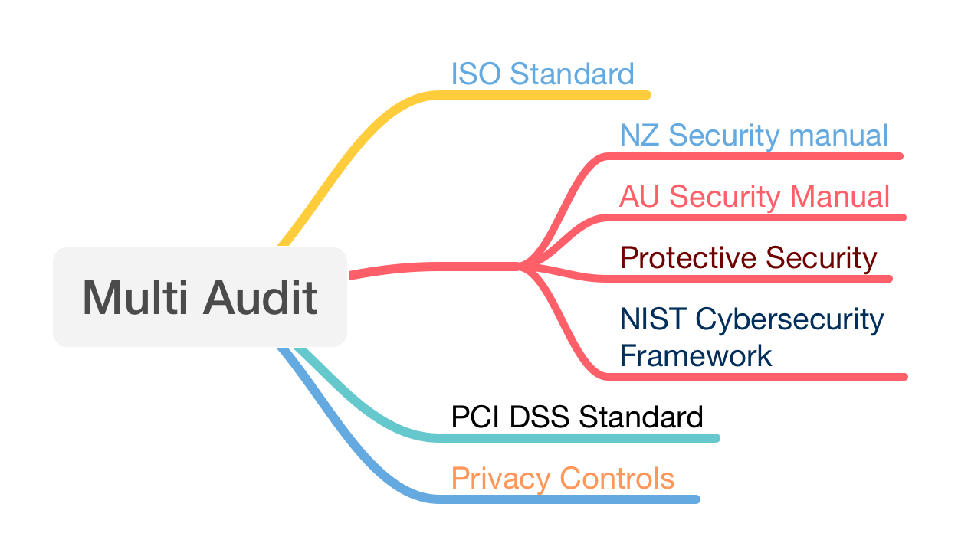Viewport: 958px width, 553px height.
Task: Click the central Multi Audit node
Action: (200, 297)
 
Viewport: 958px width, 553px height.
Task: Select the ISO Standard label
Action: (543, 74)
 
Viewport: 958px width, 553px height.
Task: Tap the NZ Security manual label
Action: (753, 136)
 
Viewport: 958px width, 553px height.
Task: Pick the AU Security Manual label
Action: (754, 197)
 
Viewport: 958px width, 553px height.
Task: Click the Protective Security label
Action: (749, 258)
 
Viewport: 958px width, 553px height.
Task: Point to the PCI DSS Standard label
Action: (577, 416)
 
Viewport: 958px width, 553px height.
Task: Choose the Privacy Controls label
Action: (563, 478)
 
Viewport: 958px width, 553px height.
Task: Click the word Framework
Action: (696, 355)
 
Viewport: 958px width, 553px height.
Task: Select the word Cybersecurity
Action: (789, 319)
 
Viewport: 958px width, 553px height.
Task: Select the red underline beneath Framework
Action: (757, 377)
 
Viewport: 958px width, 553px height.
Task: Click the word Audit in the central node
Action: (260, 297)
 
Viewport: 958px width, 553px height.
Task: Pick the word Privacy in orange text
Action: (500, 479)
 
